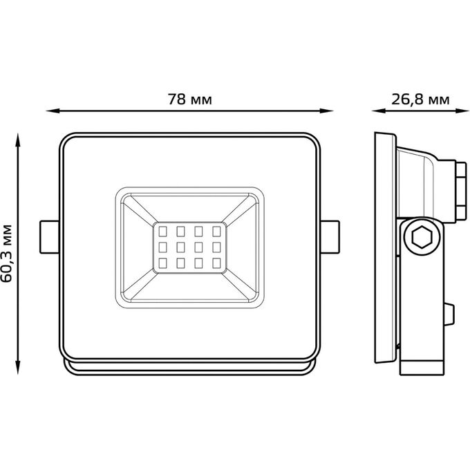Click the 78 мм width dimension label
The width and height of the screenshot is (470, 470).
(x=190, y=100)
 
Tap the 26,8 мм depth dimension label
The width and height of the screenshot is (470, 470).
(x=420, y=100)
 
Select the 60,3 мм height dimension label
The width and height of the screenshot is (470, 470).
(x=7, y=253)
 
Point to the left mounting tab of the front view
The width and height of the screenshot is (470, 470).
(x=50, y=237)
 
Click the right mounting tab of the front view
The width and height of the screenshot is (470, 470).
(x=330, y=237)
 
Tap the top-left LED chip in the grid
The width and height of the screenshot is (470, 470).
(x=162, y=232)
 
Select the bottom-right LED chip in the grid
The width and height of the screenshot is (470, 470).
(x=216, y=263)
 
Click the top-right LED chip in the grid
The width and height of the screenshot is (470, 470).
(x=216, y=232)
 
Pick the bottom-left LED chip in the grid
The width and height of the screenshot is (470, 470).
(x=162, y=263)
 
